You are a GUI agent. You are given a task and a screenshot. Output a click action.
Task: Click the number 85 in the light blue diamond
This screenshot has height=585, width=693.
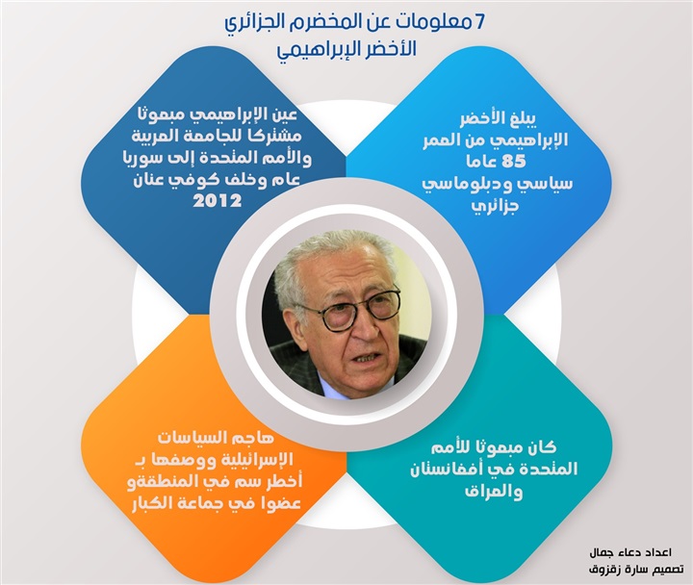[x=514, y=162]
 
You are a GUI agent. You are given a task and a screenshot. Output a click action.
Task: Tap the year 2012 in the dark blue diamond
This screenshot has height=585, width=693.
[x=218, y=201]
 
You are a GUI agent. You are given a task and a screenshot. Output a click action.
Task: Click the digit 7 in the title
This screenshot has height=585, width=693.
[x=480, y=22]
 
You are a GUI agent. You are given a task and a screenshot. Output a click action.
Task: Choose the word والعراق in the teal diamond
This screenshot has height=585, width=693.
[x=494, y=492]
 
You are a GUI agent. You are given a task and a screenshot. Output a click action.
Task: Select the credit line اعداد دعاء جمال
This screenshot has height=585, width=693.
[x=631, y=552]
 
